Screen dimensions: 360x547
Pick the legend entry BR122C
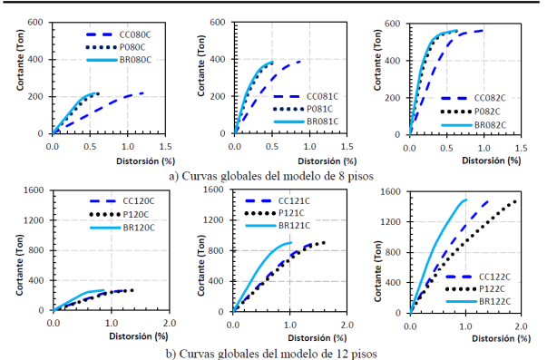[x=498, y=298]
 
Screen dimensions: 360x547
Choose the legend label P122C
[x=498, y=285]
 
